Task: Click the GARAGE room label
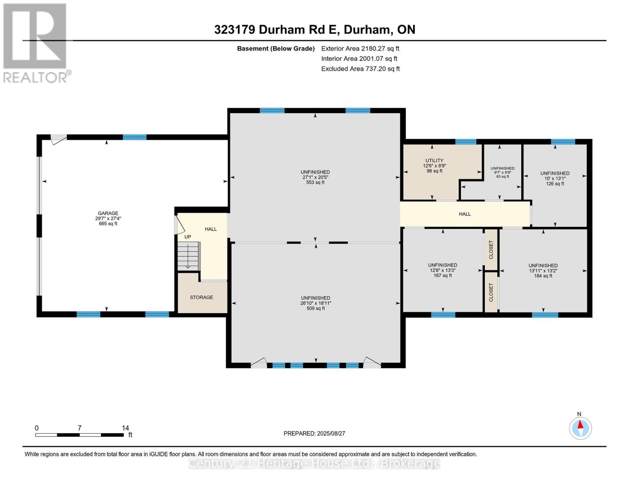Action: [108, 213]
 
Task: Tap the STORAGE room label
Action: [201, 297]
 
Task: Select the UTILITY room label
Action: [434, 161]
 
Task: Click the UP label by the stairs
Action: [188, 237]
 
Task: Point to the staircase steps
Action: [189, 256]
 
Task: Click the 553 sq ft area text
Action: [315, 183]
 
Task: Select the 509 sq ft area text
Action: [316, 309]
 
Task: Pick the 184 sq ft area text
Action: [543, 276]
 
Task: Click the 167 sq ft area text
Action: [443, 275]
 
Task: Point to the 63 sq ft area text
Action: [503, 177]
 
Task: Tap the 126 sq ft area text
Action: [555, 183]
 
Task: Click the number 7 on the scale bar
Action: [79, 428]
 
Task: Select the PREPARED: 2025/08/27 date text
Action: [314, 433]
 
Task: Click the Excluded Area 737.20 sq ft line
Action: [360, 69]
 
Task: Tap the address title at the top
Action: [315, 30]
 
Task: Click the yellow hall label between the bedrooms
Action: [465, 214]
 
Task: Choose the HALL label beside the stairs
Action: [211, 229]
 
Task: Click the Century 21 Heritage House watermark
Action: [314, 463]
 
